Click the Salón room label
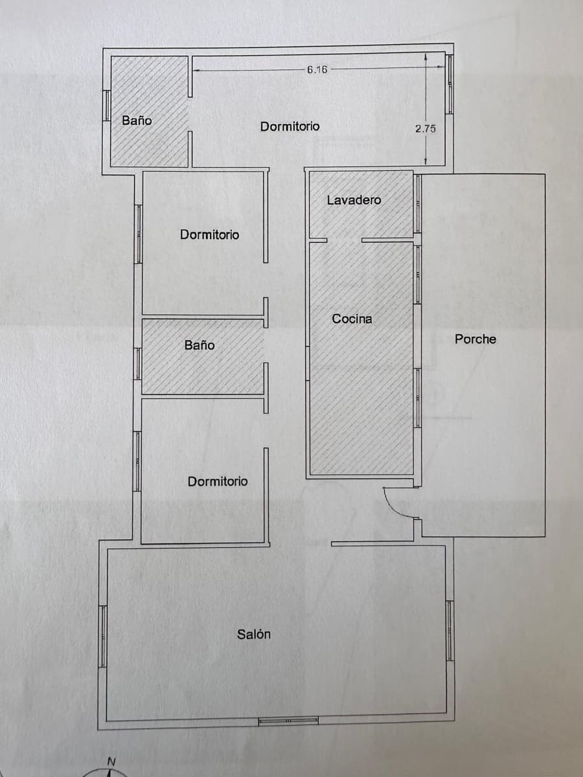tap(254, 635)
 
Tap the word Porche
tap(475, 339)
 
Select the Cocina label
tap(352, 319)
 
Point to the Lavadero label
tap(354, 200)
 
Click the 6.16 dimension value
tap(317, 69)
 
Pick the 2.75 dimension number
tap(426, 129)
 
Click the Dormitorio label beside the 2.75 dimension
tap(290, 126)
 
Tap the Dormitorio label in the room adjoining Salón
tap(218, 481)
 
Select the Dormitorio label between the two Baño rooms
tap(209, 234)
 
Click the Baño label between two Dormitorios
tap(200, 345)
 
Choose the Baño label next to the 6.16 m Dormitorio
tap(137, 120)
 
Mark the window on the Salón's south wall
tap(288, 721)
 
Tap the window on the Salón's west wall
tap(102, 636)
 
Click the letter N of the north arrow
tap(111, 762)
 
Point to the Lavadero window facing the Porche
tap(418, 203)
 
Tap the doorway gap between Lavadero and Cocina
tap(344, 240)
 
